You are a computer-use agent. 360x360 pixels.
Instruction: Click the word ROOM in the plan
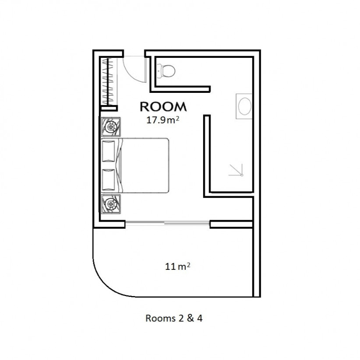(x=163, y=107)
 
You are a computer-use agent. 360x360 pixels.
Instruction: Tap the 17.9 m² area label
(x=162, y=120)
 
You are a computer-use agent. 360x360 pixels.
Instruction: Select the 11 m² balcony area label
(x=177, y=266)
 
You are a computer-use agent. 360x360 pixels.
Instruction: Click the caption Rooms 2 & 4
(x=174, y=318)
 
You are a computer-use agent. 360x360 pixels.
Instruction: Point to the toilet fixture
(x=166, y=71)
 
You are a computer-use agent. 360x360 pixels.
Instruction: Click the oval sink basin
(x=245, y=106)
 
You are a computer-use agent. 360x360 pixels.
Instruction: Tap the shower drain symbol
(x=241, y=175)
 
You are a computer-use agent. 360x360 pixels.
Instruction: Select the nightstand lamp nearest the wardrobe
(x=111, y=127)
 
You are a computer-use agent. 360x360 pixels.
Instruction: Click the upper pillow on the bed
(x=108, y=151)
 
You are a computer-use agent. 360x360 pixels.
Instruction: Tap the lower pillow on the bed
(x=108, y=180)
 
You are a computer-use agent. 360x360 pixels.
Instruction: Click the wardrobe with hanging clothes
(x=108, y=81)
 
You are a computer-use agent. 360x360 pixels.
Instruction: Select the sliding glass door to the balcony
(x=167, y=223)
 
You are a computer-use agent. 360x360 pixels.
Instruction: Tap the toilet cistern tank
(x=159, y=71)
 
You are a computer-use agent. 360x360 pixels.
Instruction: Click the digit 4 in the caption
(x=200, y=318)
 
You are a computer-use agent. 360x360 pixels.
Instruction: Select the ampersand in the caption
(x=190, y=318)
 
